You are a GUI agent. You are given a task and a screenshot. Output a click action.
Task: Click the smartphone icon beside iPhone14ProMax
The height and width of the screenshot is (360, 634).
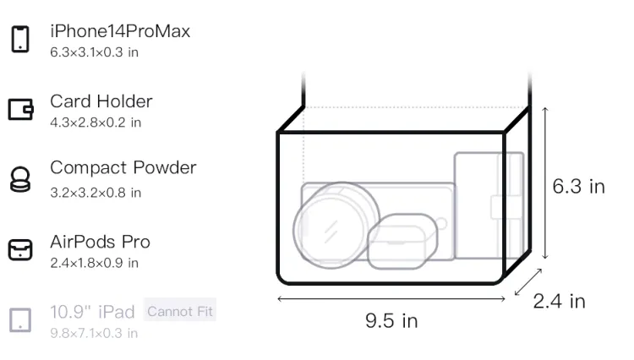[x=20, y=39]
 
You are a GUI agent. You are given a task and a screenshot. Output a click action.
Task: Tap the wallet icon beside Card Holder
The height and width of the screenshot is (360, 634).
[x=20, y=110]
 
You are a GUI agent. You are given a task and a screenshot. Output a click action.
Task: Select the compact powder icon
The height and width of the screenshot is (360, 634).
[x=20, y=179]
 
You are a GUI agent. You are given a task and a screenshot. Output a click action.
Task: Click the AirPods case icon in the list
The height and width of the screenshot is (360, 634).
[x=20, y=249]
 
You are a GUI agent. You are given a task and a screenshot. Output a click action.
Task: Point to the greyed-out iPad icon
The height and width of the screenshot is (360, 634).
[x=20, y=320]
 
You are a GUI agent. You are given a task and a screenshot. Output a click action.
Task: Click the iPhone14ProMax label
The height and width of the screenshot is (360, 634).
[x=120, y=31]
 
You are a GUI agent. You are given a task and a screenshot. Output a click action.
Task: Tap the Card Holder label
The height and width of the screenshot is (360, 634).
[x=101, y=101]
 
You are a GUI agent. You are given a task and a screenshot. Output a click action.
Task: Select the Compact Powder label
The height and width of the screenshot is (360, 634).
[x=123, y=167]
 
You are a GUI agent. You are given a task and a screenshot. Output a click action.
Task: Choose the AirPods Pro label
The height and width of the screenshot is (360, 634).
[x=100, y=242]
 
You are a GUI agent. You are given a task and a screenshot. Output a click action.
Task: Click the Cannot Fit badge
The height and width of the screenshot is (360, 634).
[x=180, y=311]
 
